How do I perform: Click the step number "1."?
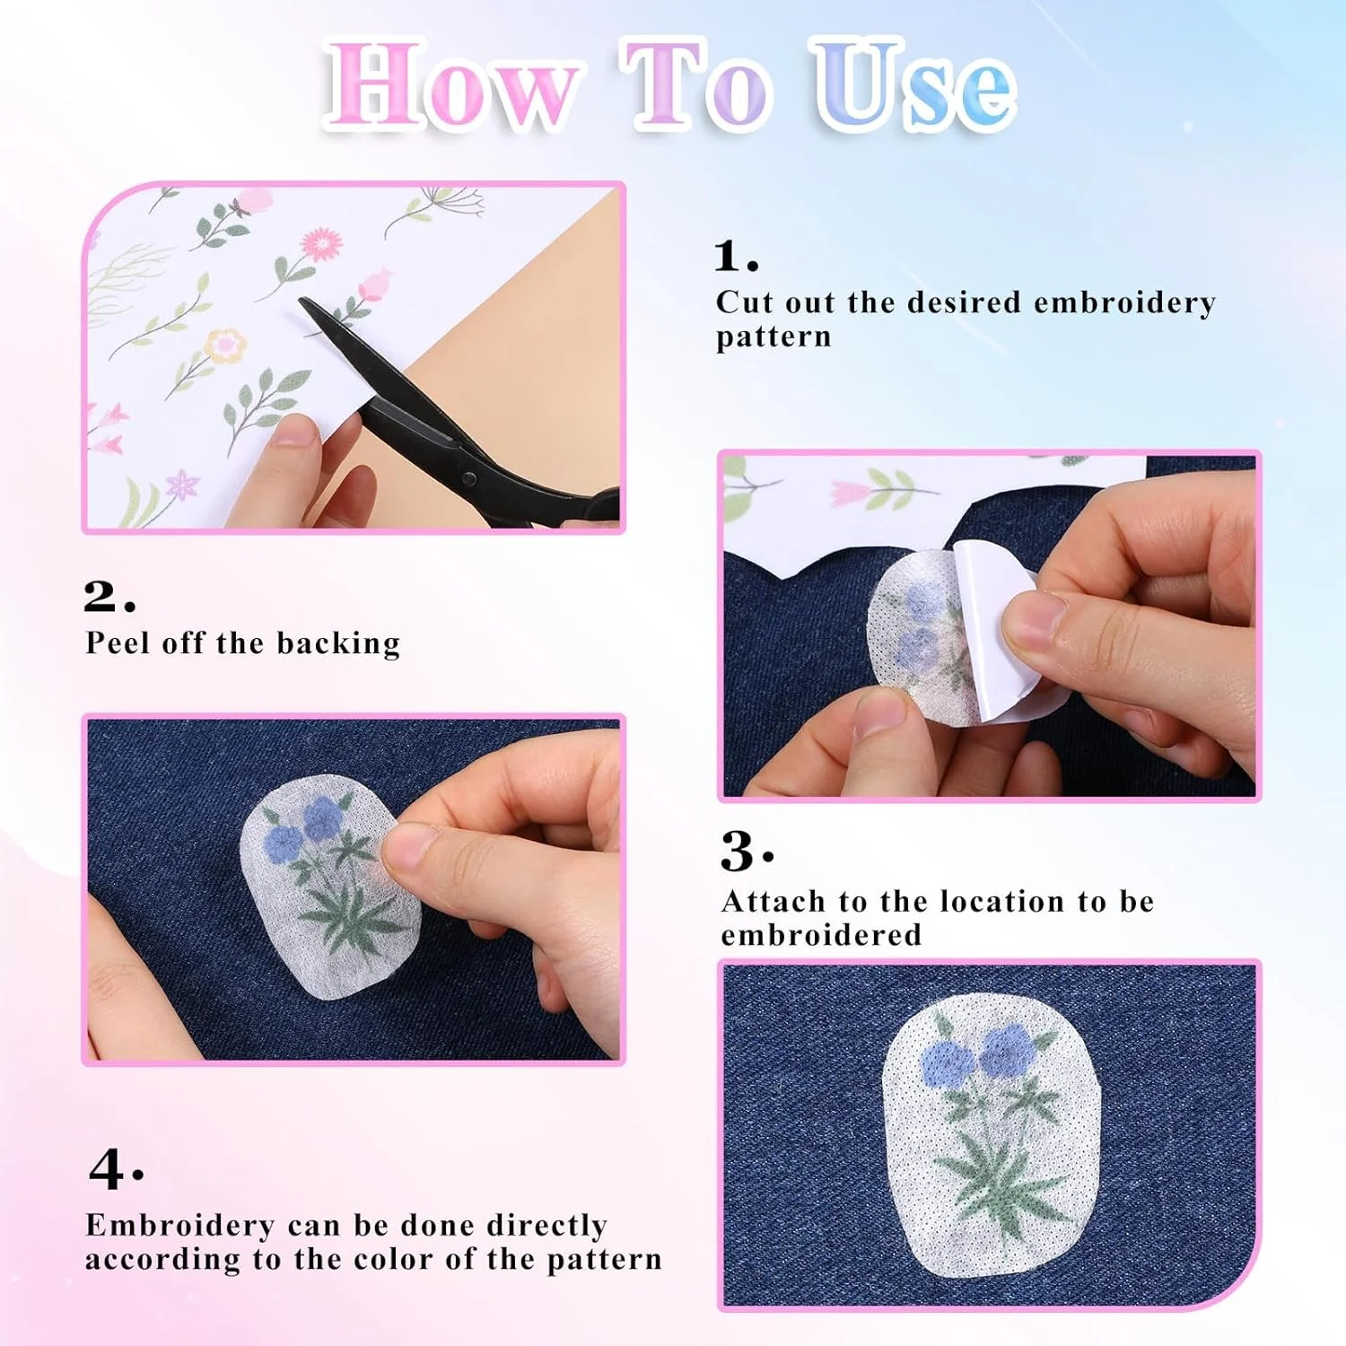coord(736,256)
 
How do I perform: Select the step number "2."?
coord(109,596)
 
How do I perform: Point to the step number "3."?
coord(747,851)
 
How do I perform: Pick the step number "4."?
coord(116,1168)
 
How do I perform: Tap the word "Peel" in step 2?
coord(118,642)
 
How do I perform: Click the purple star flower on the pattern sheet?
coord(183,485)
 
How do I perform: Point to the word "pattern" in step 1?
coord(774,338)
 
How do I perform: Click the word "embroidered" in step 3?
coord(821,935)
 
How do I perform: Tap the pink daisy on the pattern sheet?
coord(321,243)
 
